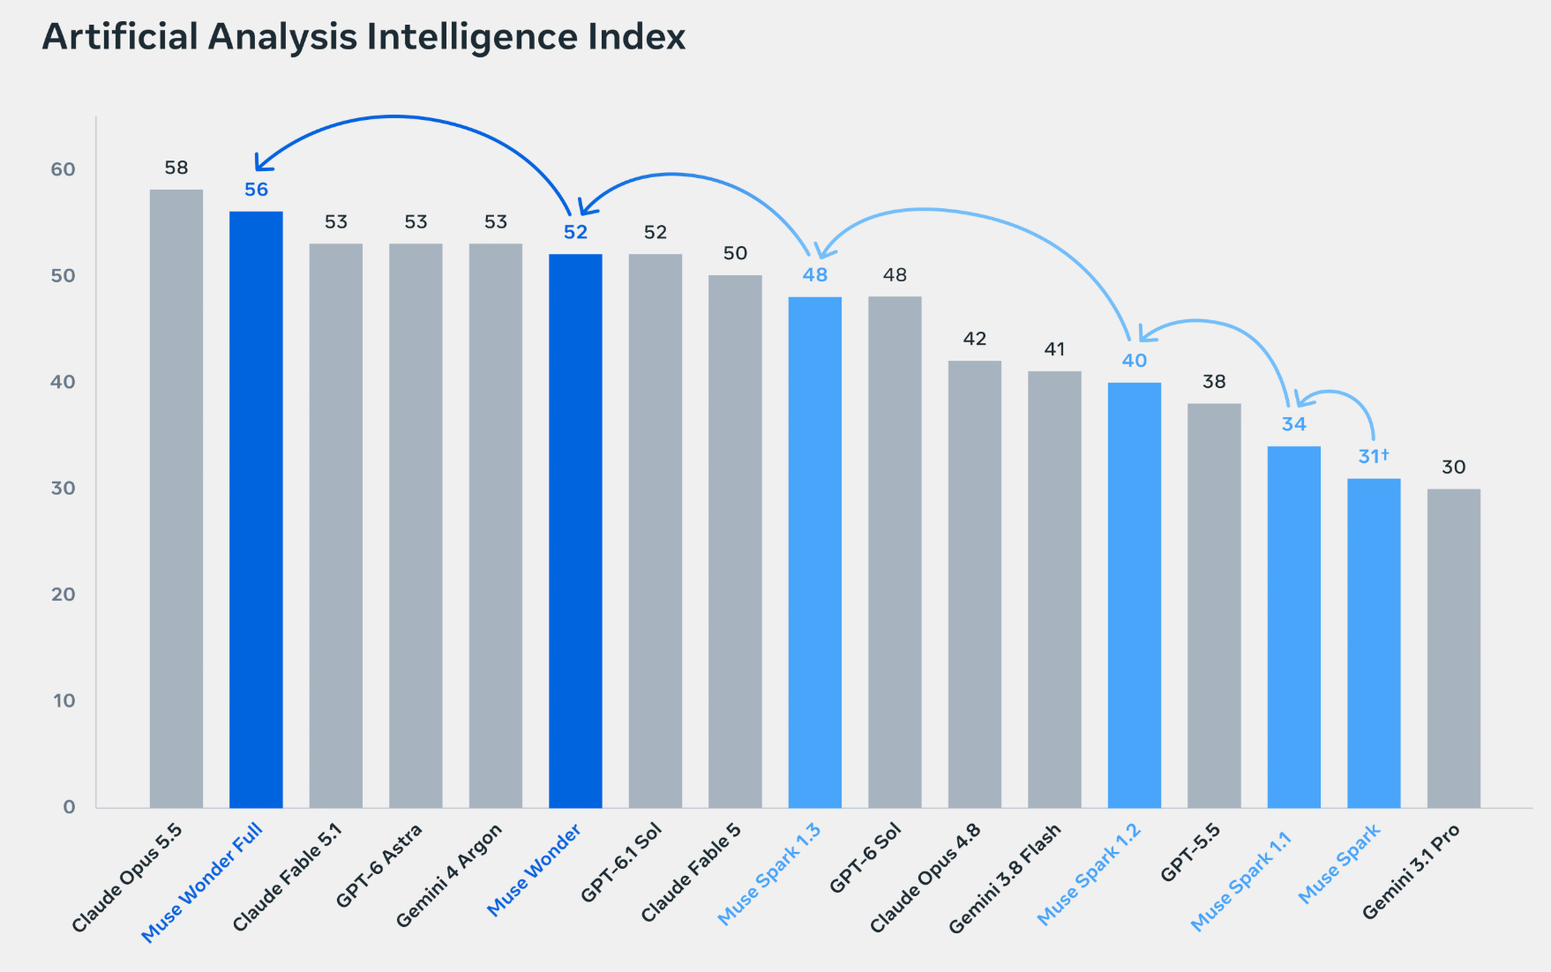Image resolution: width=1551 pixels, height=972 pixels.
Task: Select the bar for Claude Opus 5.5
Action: point(176,498)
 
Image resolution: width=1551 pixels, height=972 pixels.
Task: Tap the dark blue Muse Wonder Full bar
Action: point(256,510)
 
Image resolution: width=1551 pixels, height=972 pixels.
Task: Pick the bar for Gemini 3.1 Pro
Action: point(1454,648)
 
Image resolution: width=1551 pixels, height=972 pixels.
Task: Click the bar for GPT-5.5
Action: point(1214,606)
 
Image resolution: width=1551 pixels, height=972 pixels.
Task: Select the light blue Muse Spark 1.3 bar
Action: point(815,552)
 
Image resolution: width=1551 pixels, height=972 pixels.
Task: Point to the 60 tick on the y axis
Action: point(63,169)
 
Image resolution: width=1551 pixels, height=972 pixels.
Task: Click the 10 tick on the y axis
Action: point(64,700)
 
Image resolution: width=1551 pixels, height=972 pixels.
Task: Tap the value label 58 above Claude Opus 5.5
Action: point(176,168)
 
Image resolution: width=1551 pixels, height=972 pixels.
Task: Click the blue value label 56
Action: point(256,190)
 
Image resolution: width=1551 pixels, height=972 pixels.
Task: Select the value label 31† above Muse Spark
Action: point(1374,456)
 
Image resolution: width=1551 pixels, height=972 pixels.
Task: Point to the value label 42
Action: point(975,339)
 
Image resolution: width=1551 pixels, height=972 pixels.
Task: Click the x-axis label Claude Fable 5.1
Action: point(287,877)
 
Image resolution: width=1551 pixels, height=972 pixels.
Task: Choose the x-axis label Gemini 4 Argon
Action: point(449,875)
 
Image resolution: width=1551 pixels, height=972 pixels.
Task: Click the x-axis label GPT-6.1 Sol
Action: point(621,863)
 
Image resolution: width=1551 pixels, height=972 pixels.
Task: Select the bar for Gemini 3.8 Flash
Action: point(1054,590)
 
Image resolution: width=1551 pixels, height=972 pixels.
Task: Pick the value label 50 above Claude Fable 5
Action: point(735,253)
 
